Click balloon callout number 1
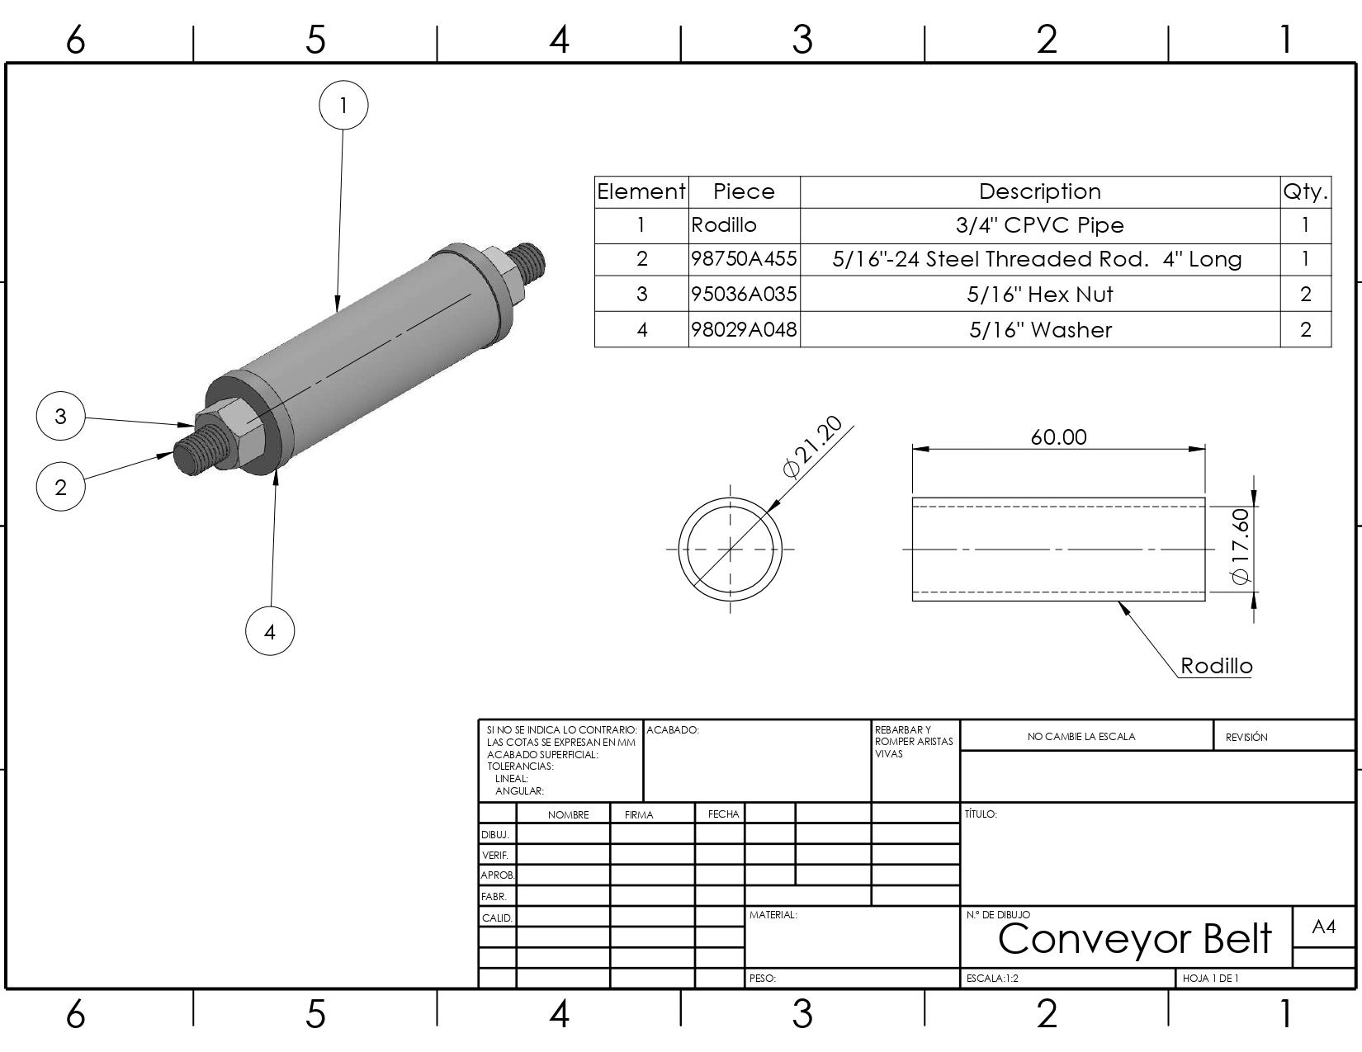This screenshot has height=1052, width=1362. [x=343, y=105]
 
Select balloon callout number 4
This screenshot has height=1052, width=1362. [x=270, y=631]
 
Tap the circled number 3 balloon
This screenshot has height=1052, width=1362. [x=60, y=416]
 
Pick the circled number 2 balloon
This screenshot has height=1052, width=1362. [x=60, y=486]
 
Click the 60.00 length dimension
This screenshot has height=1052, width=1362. [x=1058, y=436]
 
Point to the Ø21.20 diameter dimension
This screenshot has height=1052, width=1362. [x=813, y=446]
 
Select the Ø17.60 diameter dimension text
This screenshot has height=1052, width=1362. [x=1241, y=546]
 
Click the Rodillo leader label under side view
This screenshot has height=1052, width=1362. [x=1216, y=666]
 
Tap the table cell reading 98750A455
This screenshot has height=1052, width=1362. [x=744, y=259]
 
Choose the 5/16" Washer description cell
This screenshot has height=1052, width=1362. [x=1040, y=330]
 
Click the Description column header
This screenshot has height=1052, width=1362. [x=1040, y=191]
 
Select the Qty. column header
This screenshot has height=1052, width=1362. [x=1305, y=191]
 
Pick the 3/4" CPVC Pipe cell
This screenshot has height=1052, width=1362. [x=1040, y=225]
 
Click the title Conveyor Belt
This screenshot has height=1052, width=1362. [x=1135, y=938]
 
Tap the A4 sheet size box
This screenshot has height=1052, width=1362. [x=1323, y=927]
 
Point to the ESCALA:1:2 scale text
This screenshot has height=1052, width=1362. [x=992, y=979]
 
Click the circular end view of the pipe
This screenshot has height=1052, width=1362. [x=731, y=549]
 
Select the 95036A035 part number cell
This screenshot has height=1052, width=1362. [x=744, y=295]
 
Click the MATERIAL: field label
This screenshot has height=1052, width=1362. [x=773, y=915]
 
